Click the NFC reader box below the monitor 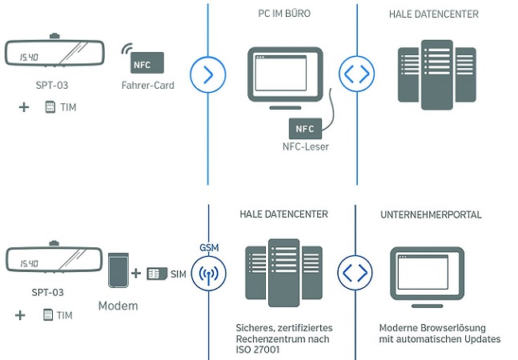(x=305, y=128)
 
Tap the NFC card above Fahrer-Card (x=147, y=62)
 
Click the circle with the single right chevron (x=207, y=74)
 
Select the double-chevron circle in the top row (x=357, y=74)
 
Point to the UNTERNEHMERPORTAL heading (x=428, y=215)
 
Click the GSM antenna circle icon (x=207, y=272)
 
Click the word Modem (x=118, y=306)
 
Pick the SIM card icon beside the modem (x=157, y=274)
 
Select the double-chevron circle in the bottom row (x=357, y=272)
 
